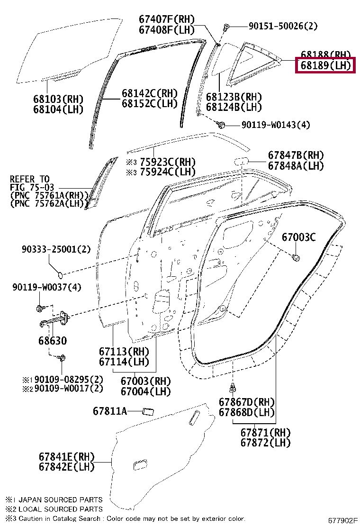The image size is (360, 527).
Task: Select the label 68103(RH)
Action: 58,99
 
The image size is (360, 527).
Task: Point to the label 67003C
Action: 298,237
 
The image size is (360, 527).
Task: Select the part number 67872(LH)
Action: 265,443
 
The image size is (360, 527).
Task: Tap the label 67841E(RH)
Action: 66,457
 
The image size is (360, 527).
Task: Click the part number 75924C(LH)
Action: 161,171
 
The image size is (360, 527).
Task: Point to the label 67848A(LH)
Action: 296,165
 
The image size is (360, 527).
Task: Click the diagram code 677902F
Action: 343,520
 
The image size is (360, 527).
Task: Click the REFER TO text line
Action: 29,179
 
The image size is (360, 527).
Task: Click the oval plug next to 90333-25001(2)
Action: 60,274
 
